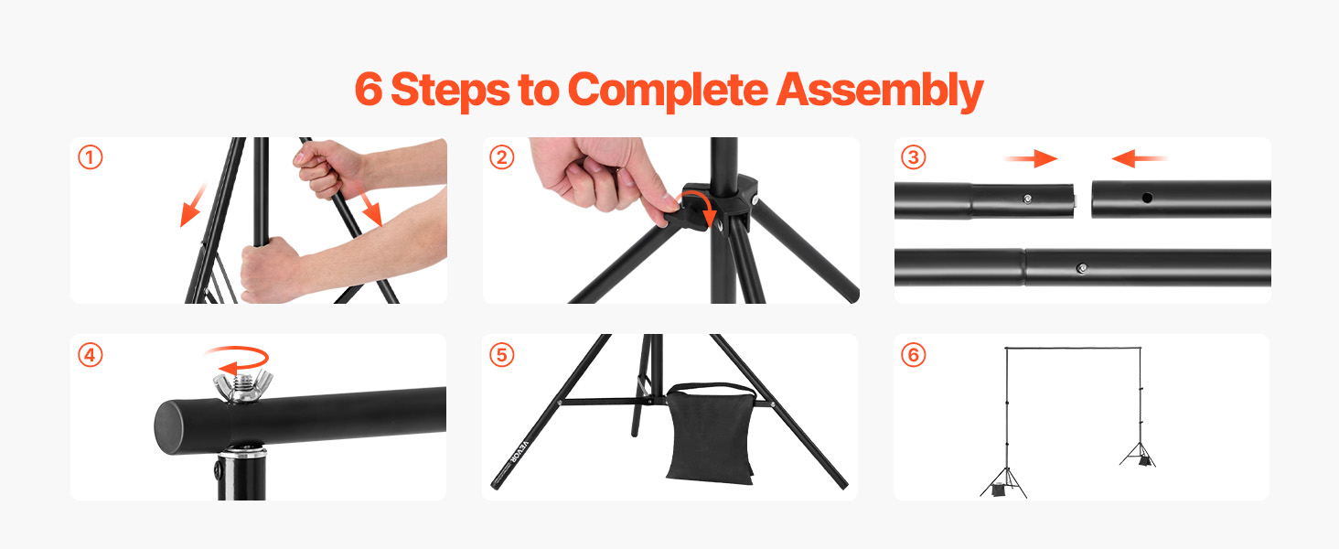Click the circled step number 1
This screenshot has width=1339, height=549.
click(x=90, y=158)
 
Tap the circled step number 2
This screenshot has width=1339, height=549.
click(x=501, y=158)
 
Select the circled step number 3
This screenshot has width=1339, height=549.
click(x=913, y=158)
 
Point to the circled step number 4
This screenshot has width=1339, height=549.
click(x=90, y=355)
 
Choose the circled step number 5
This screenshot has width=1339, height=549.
click(x=501, y=355)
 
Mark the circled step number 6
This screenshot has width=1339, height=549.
click(x=913, y=355)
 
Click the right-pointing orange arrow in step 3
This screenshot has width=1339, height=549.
click(x=1030, y=159)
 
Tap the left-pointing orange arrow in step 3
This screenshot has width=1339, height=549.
click(x=1140, y=159)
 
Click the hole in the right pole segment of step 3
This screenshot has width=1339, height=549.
click(x=1145, y=197)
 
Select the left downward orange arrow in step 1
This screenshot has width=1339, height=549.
click(x=192, y=205)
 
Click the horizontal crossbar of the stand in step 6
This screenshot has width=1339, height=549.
click(x=1073, y=349)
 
